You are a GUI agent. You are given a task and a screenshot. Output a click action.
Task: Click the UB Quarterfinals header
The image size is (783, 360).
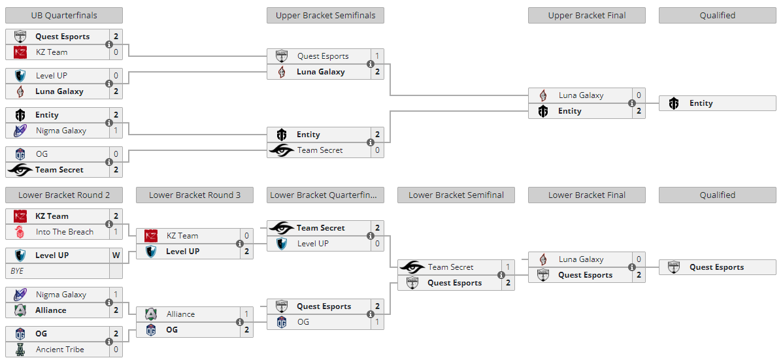64,16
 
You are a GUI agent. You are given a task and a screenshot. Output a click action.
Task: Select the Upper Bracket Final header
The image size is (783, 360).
587,16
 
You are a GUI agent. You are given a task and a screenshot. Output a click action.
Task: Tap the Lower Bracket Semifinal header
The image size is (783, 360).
456,195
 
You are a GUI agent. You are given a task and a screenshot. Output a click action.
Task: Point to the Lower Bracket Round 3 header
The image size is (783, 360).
195,195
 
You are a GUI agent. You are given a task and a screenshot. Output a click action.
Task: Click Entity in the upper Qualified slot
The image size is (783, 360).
701,103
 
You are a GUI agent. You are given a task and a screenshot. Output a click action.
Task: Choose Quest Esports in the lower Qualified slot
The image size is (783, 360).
716,267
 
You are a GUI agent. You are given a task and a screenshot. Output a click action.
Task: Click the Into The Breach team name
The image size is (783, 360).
65,232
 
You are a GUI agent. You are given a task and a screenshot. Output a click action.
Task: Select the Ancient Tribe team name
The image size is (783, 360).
60,350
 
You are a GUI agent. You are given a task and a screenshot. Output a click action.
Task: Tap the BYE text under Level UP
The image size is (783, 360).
18,271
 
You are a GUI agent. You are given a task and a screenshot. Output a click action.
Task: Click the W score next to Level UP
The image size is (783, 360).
116,255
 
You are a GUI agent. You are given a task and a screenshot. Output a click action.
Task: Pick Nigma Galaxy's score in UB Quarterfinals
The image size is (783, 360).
116,131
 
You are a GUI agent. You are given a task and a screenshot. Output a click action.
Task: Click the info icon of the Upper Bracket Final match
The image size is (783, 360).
631,103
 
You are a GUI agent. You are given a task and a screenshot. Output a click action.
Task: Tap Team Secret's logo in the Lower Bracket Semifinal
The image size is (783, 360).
412,267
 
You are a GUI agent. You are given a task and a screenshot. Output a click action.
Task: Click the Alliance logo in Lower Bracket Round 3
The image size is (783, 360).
151,314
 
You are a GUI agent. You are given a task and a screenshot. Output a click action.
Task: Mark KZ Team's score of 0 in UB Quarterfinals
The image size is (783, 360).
116,52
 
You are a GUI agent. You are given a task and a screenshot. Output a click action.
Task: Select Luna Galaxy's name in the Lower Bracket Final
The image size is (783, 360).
581,259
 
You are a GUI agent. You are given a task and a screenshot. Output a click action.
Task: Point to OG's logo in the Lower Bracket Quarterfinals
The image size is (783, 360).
282,322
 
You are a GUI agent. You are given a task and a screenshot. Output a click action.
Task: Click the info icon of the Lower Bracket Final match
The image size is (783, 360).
631,267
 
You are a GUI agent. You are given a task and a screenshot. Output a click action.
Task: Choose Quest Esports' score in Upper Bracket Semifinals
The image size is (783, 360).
378,56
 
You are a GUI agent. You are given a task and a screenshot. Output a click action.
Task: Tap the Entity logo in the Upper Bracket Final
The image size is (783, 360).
543,111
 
